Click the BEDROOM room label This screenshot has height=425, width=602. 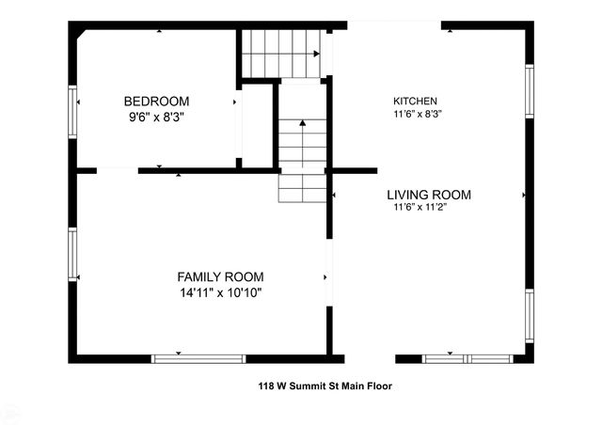156,102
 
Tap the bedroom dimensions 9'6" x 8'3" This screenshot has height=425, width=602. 156,118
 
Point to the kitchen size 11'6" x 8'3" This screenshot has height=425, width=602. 418,114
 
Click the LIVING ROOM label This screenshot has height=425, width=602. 429,196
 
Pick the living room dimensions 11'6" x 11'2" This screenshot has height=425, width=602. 420,209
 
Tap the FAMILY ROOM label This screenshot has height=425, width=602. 220,276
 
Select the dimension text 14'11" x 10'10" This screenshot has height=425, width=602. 220,292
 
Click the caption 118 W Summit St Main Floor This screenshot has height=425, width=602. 325,386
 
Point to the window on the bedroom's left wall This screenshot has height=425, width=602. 72,113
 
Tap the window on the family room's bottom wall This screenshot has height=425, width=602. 198,358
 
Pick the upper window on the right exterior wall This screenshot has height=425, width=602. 530,91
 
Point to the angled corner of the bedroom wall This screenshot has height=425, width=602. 83,34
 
